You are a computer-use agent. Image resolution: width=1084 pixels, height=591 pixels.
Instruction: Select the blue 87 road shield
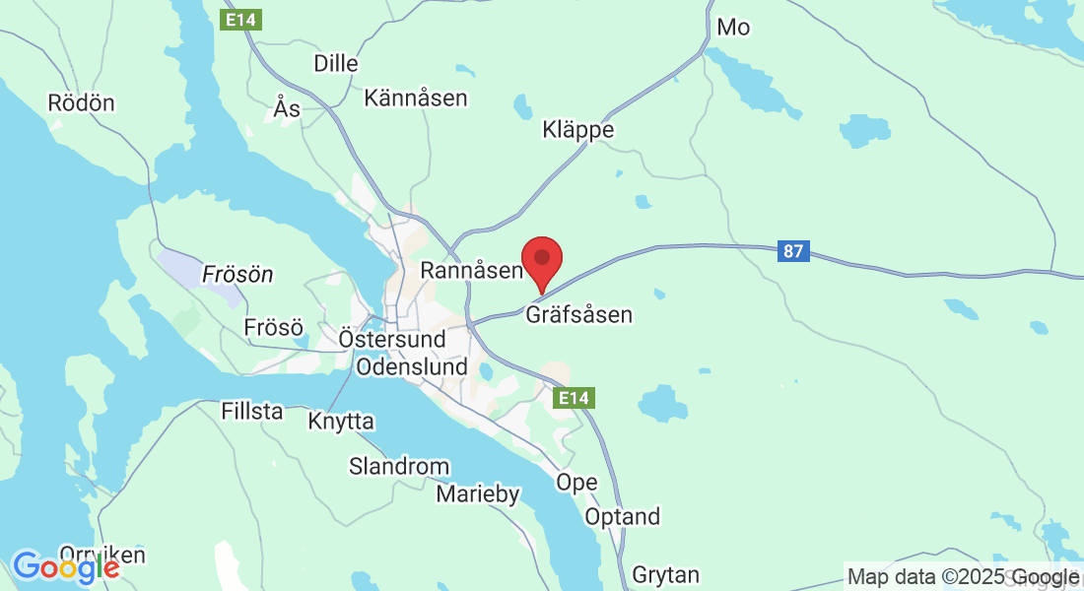pos(793,251)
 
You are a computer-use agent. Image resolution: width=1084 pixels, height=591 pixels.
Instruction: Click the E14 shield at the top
pos(241,19)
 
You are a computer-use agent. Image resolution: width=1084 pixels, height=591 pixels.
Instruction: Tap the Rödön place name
pos(81,102)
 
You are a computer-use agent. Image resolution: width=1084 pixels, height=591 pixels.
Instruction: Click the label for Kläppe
pos(578,130)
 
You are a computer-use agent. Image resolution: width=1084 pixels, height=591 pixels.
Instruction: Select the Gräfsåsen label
pos(578,315)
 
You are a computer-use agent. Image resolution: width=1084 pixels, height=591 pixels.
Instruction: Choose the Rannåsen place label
pos(471,269)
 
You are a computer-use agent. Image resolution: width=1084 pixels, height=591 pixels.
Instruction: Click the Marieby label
pos(478,494)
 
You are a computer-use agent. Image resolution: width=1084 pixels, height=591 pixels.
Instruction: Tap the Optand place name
pos(623,516)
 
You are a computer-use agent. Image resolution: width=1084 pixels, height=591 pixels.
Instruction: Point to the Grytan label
pos(665,574)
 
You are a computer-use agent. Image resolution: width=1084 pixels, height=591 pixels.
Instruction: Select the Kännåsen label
pos(416,98)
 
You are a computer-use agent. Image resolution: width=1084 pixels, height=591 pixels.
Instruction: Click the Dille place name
pos(335,63)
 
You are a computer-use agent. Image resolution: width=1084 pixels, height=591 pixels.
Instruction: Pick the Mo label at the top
pos(733,28)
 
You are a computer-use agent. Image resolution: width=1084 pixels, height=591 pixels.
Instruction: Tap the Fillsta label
pos(252,411)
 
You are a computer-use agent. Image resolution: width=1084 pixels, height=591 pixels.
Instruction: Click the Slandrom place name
pos(399,466)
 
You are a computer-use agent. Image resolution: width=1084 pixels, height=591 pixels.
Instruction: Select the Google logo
pos(66,567)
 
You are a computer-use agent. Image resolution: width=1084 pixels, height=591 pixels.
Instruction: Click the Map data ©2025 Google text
pos(964,577)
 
